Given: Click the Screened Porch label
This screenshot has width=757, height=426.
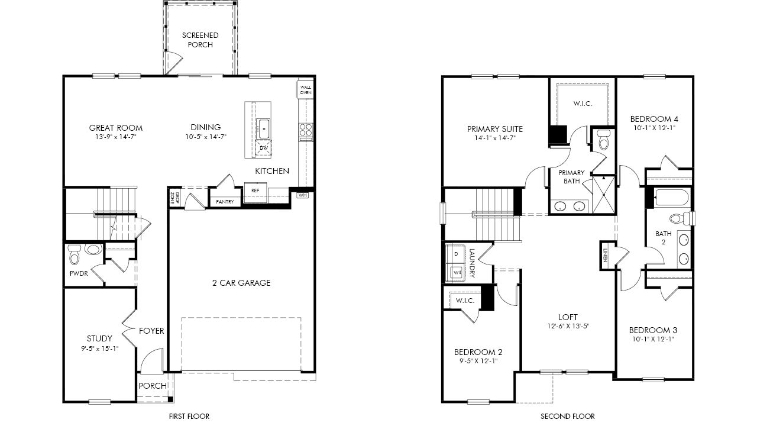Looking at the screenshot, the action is [x=200, y=40].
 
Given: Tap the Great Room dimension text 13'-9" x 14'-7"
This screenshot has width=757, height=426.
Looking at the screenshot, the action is [x=115, y=137].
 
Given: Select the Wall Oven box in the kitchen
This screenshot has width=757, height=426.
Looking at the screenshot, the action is [x=306, y=89].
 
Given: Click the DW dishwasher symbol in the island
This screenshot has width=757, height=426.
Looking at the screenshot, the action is [x=264, y=149].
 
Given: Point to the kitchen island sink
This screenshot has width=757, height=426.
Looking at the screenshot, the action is [x=263, y=129].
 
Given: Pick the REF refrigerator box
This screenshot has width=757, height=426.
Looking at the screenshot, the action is [x=255, y=192].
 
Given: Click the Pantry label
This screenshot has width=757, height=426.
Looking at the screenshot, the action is [x=225, y=202].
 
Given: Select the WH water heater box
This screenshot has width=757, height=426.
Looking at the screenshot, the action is [x=302, y=195].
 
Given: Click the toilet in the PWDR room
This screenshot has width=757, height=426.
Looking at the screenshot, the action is [x=74, y=254].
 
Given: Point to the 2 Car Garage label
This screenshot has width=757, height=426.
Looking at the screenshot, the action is [x=241, y=283].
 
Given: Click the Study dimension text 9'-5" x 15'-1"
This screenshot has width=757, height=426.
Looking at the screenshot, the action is [x=100, y=348].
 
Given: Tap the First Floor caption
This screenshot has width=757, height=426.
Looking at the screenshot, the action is [x=189, y=416].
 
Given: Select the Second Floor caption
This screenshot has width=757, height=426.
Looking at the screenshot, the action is [x=567, y=416].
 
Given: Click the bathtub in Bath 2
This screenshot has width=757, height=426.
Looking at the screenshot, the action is [x=672, y=198].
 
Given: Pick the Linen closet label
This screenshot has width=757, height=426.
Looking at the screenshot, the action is [x=605, y=256].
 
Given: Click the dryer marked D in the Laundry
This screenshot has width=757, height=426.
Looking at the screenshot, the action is [x=456, y=254].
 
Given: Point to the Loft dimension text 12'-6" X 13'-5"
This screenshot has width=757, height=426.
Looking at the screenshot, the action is [x=568, y=326].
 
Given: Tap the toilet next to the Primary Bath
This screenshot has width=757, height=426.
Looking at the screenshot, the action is [x=603, y=139].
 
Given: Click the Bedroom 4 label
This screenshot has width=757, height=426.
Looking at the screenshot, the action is [x=654, y=119].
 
